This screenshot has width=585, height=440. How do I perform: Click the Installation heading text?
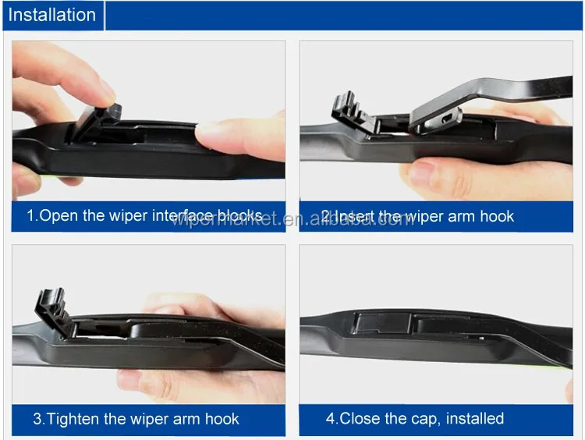point(52,15)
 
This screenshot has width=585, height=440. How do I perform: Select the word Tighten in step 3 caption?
point(77,419)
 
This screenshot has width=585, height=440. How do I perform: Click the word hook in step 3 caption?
point(223,419)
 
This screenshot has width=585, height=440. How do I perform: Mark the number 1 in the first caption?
point(31,215)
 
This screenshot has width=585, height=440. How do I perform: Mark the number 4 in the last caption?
point(330,419)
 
